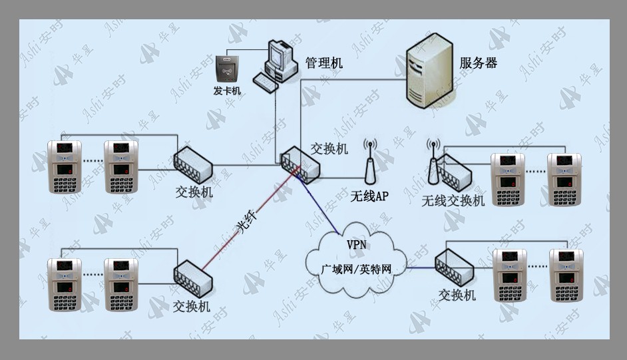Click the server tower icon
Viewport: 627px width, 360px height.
pyautogui.click(x=429, y=71)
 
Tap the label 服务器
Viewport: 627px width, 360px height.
pyautogui.click(x=479, y=63)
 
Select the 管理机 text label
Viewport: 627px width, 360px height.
pyautogui.click(x=324, y=63)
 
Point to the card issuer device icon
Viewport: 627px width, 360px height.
pyautogui.click(x=227, y=69)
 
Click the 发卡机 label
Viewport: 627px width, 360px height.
pyautogui.click(x=227, y=91)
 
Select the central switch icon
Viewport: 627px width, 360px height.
pyautogui.click(x=300, y=164)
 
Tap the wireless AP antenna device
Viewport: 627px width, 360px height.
pyautogui.click(x=370, y=161)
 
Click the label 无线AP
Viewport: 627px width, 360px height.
pyautogui.click(x=369, y=196)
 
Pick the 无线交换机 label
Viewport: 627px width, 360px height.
pyautogui.click(x=453, y=200)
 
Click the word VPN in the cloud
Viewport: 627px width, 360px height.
pyautogui.click(x=356, y=244)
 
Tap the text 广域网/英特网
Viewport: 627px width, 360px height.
pyautogui.click(x=356, y=270)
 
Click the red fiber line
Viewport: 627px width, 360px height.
pyautogui.click(x=250, y=218)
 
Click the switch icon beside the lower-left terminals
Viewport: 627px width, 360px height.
pyautogui.click(x=193, y=279)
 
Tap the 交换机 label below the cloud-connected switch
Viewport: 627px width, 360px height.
pyautogui.click(x=457, y=295)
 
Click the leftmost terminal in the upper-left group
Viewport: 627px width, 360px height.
pyautogui.click(x=65, y=166)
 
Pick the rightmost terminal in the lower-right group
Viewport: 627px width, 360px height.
pyautogui.click(x=566, y=275)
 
